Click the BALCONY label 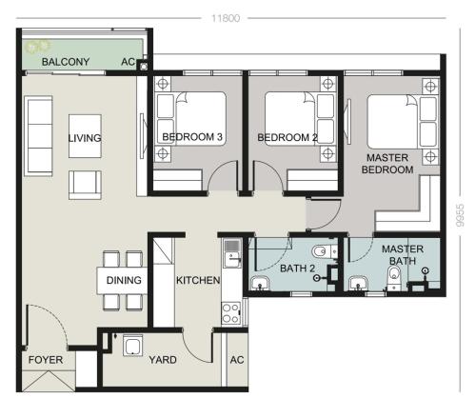coord(66,62)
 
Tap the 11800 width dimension coord(226,18)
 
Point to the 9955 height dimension coord(460,215)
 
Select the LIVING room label coord(85,138)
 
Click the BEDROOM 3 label coord(192,137)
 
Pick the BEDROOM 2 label coord(288,137)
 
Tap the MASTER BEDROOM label coord(387,164)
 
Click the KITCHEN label coord(198,280)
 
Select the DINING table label coord(124,280)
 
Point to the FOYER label coord(46,360)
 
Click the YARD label coord(163,360)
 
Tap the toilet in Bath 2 coord(325,251)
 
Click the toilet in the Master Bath coord(394,277)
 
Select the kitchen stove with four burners coord(231,313)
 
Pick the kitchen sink coord(232,253)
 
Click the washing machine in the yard coord(132,345)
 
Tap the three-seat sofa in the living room coord(39,136)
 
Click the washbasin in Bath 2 coord(260,284)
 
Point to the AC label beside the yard coord(237,360)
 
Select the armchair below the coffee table coord(85,185)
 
